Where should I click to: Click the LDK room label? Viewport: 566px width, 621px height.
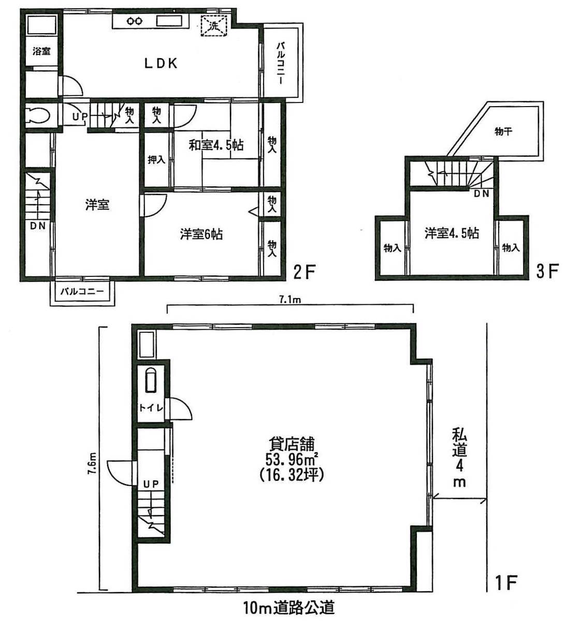coord(161,64)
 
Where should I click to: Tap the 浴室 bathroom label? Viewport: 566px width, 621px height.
coord(41,51)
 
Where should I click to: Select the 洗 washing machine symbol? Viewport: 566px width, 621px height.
coord(213,25)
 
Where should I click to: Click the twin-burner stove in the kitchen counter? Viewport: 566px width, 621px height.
coord(135,21)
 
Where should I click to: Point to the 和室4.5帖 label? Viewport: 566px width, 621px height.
coord(216,145)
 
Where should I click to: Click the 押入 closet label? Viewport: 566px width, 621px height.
coord(156,160)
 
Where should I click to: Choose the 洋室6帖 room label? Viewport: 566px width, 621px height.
coord(201,234)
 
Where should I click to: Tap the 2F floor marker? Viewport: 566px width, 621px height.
coord(304,272)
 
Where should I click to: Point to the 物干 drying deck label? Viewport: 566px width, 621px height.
coord(503,132)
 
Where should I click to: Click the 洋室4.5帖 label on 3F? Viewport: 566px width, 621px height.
coord(452,233)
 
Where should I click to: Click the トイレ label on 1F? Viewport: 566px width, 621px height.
coord(151,408)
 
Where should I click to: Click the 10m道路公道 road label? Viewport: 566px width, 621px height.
coord(289,607)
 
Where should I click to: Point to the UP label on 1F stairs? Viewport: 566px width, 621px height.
coord(151,483)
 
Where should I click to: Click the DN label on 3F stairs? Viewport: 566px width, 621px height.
coord(482,194)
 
